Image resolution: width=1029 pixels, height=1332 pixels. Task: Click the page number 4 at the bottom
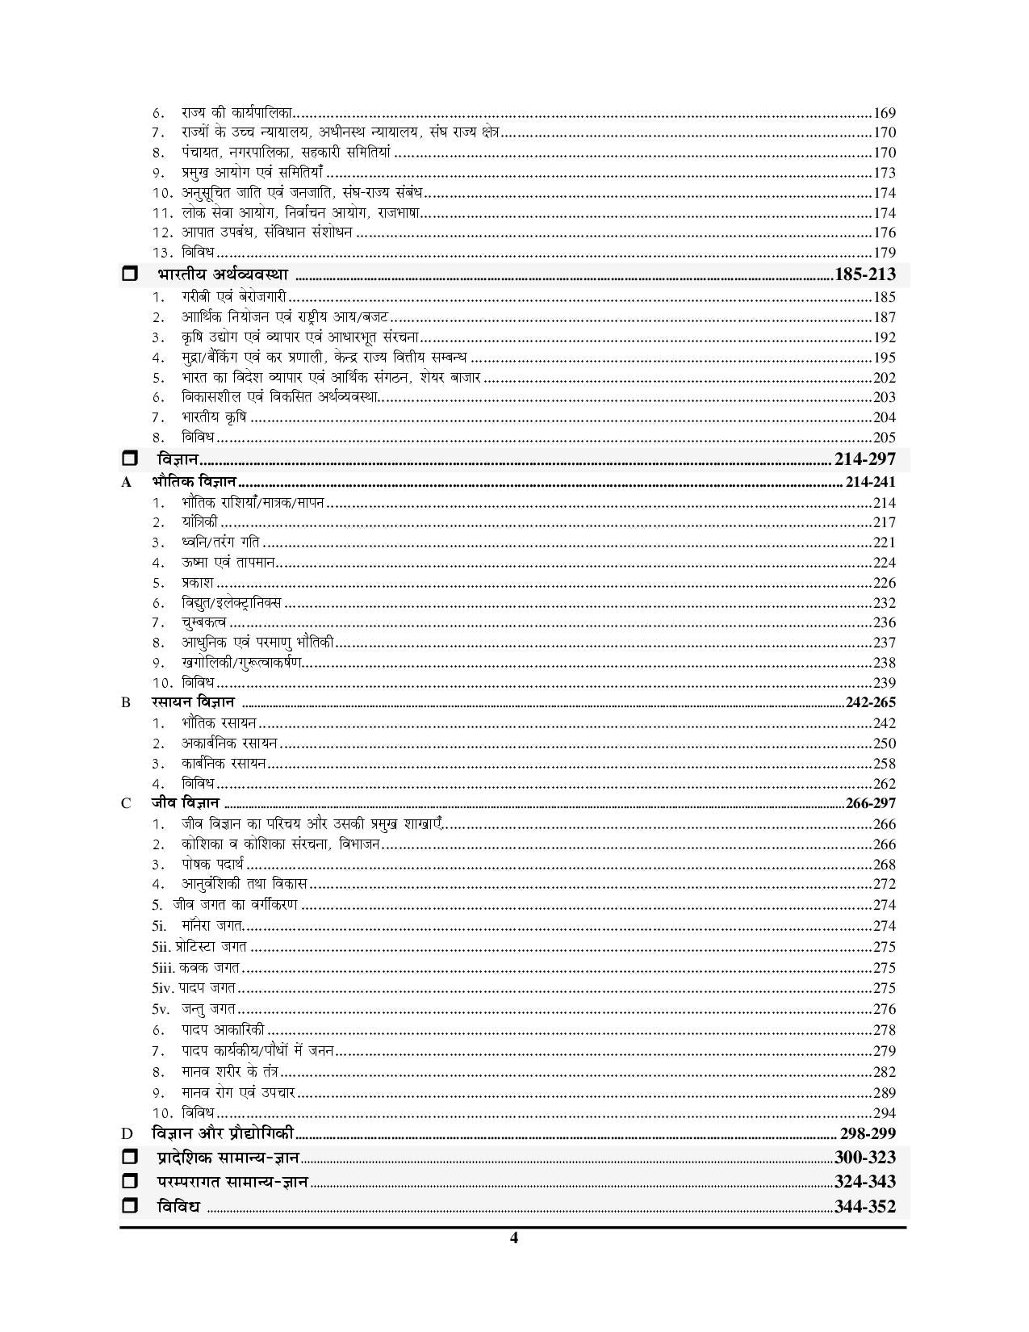pyautogui.click(x=513, y=1238)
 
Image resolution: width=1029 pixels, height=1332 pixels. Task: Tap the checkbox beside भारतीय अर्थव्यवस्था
pyautogui.click(x=129, y=274)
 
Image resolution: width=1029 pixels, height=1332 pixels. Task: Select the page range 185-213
pyautogui.click(x=865, y=274)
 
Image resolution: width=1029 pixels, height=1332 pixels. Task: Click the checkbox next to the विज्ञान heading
pyautogui.click(x=129, y=459)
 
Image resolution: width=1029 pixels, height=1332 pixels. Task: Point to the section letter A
pyautogui.click(x=125, y=483)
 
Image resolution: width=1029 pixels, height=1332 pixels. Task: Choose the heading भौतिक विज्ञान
pyautogui.click(x=193, y=482)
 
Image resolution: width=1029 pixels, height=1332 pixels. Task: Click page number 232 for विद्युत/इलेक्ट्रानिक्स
pyautogui.click(x=885, y=603)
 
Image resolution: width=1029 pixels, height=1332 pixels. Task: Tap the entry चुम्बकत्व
pyautogui.click(x=204, y=622)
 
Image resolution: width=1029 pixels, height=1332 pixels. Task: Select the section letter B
pyautogui.click(x=125, y=702)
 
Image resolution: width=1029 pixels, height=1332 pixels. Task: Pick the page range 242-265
pyautogui.click(x=871, y=702)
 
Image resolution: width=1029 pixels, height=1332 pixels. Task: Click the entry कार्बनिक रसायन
pyautogui.click(x=224, y=763)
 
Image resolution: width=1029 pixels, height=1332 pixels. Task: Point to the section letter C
pyautogui.click(x=125, y=803)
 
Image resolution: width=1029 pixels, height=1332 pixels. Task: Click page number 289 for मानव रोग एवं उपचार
pyautogui.click(x=885, y=1093)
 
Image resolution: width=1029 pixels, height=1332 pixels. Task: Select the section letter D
pyautogui.click(x=125, y=1134)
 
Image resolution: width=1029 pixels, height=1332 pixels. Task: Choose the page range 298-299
pyautogui.click(x=868, y=1133)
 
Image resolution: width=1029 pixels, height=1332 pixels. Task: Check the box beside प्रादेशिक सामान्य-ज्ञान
pyautogui.click(x=129, y=1158)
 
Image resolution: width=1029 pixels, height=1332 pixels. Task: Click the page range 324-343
pyautogui.click(x=865, y=1182)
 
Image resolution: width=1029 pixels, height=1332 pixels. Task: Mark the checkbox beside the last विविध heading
pyautogui.click(x=129, y=1206)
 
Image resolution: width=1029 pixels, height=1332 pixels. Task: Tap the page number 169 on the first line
pyautogui.click(x=885, y=113)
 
